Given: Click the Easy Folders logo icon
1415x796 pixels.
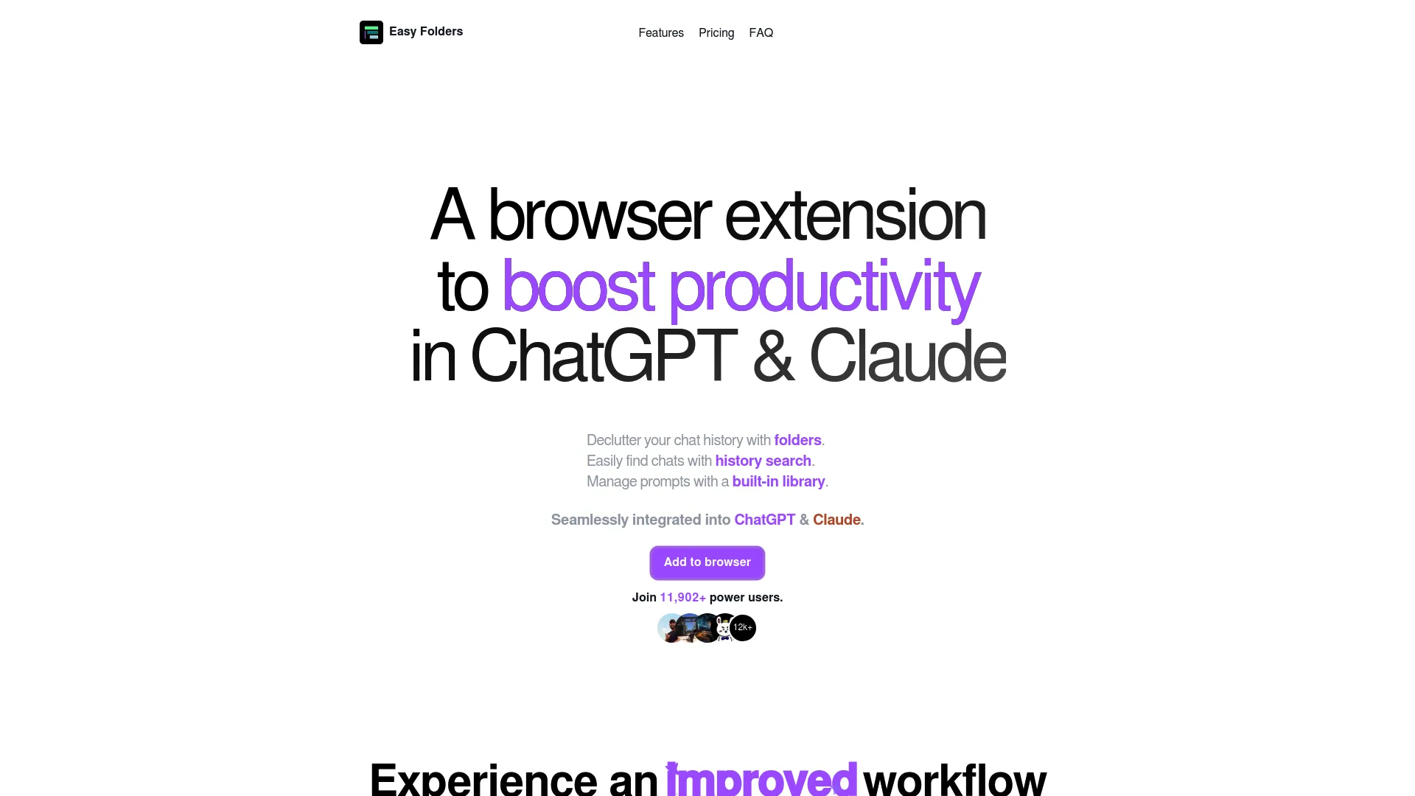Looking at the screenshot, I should (x=371, y=32).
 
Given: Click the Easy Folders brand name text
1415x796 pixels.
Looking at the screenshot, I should (x=426, y=31).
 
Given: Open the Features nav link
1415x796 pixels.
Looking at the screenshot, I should (x=660, y=32).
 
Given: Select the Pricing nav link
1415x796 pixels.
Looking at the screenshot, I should (x=716, y=32).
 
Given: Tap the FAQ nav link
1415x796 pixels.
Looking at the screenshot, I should (x=761, y=32).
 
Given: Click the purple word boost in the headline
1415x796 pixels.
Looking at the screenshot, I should (x=578, y=286).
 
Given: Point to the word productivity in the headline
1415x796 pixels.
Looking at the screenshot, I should (x=824, y=287).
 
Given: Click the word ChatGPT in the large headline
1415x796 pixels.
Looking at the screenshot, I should (x=603, y=357).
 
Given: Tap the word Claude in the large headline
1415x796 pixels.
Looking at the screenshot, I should (x=907, y=357).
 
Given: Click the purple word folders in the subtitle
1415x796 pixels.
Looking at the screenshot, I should (x=797, y=440).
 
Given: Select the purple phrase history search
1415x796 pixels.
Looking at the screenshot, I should (x=763, y=461).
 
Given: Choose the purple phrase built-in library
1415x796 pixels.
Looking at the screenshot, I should (x=778, y=481).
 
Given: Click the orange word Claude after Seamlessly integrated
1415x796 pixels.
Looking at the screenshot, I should (x=836, y=520).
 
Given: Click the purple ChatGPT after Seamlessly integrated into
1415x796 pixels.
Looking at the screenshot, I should (x=764, y=520).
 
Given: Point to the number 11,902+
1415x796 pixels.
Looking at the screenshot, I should (x=682, y=597).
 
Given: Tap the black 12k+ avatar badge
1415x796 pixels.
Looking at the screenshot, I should (x=743, y=627).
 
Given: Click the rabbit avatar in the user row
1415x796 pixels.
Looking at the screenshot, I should (x=724, y=628).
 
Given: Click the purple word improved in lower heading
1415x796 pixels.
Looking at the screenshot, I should (x=761, y=780).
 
